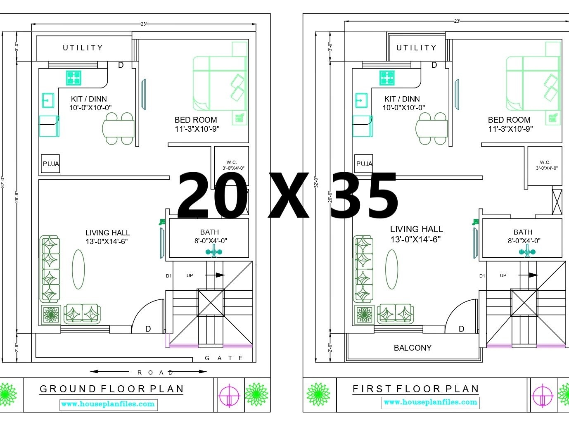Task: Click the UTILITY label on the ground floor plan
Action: click(83, 48)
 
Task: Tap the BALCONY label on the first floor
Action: click(413, 348)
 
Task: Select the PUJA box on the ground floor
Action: click(50, 164)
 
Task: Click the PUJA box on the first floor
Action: click(364, 164)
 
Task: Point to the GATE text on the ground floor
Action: click(224, 358)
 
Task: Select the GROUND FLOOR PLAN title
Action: click(111, 389)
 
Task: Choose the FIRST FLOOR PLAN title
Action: click(416, 389)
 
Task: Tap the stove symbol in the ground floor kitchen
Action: click(74, 78)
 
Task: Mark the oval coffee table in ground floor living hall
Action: click(78, 269)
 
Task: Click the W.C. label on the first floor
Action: click(545, 162)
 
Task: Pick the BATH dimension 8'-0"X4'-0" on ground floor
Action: click(211, 241)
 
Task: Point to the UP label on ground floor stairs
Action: click(190, 275)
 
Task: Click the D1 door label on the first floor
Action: click(482, 276)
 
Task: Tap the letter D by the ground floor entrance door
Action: click(148, 329)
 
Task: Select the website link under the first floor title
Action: click(431, 402)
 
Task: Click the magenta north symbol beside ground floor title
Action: click(230, 395)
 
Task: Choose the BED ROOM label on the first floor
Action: click(509, 120)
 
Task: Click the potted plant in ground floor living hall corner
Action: click(51, 315)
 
